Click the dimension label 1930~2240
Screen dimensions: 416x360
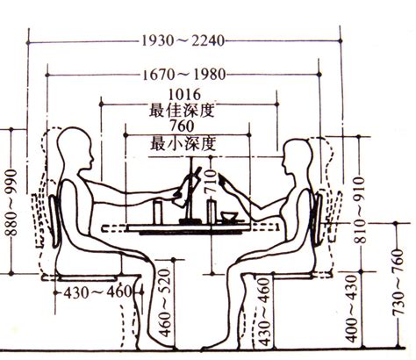(x=183, y=40)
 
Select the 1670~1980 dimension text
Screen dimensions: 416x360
(x=184, y=75)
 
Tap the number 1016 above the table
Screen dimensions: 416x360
(x=184, y=95)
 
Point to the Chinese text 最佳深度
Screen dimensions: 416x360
(x=182, y=111)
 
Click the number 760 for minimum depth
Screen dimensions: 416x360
(x=182, y=126)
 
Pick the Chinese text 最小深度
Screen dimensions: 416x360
(x=183, y=143)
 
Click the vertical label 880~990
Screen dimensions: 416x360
(x=12, y=203)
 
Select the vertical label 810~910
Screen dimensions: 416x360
(x=360, y=210)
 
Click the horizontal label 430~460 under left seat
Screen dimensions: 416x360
(x=97, y=292)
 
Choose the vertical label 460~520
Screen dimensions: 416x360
(x=164, y=303)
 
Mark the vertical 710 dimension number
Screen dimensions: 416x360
(x=211, y=182)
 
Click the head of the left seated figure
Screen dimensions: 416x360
(x=75, y=148)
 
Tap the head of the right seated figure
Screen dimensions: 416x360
(x=298, y=156)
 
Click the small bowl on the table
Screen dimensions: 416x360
(x=229, y=217)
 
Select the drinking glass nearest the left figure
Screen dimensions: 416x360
(x=158, y=211)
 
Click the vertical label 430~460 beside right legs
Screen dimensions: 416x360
(x=264, y=312)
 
